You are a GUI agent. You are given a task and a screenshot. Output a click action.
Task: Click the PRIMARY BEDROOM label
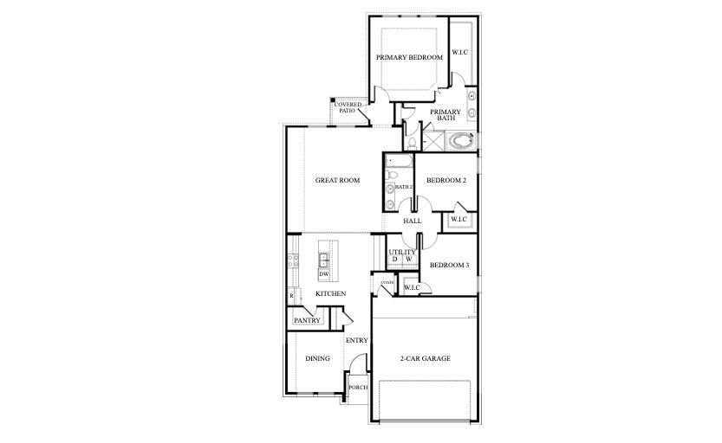pos(409,57)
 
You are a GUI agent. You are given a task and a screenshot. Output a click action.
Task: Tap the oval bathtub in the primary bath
pos(463,138)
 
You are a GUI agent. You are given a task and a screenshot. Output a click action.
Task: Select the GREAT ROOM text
pos(338,181)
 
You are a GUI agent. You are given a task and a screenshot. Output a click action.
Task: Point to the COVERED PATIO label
pos(348,108)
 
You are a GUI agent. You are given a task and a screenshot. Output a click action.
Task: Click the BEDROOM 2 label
pos(446,181)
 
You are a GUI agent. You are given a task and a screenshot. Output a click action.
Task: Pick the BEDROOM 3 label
pos(449,265)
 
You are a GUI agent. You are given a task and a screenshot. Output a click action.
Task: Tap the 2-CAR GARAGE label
pos(425,358)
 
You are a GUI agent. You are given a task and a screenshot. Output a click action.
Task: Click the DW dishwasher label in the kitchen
pos(323,274)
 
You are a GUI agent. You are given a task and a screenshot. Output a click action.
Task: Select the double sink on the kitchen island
pos(323,260)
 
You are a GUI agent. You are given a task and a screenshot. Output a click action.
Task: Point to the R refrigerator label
pos(292,296)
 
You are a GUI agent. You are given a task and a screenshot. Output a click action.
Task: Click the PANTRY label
pos(308,321)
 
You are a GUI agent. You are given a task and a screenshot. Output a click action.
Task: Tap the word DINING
pos(317,358)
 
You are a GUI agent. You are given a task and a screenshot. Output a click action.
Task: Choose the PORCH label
pos(356,387)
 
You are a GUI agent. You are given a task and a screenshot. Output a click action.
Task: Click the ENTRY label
pos(356,340)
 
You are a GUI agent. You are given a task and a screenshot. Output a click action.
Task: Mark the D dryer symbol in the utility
pos(394,260)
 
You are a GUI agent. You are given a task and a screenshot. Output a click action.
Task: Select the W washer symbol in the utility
pos(408,260)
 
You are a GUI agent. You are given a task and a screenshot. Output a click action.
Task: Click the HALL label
pos(413,221)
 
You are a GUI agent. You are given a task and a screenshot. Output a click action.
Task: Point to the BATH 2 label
pos(403,187)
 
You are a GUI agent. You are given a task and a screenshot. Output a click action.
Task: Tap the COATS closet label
pos(387,282)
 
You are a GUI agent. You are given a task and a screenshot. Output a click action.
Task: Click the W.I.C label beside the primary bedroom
pos(459,52)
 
